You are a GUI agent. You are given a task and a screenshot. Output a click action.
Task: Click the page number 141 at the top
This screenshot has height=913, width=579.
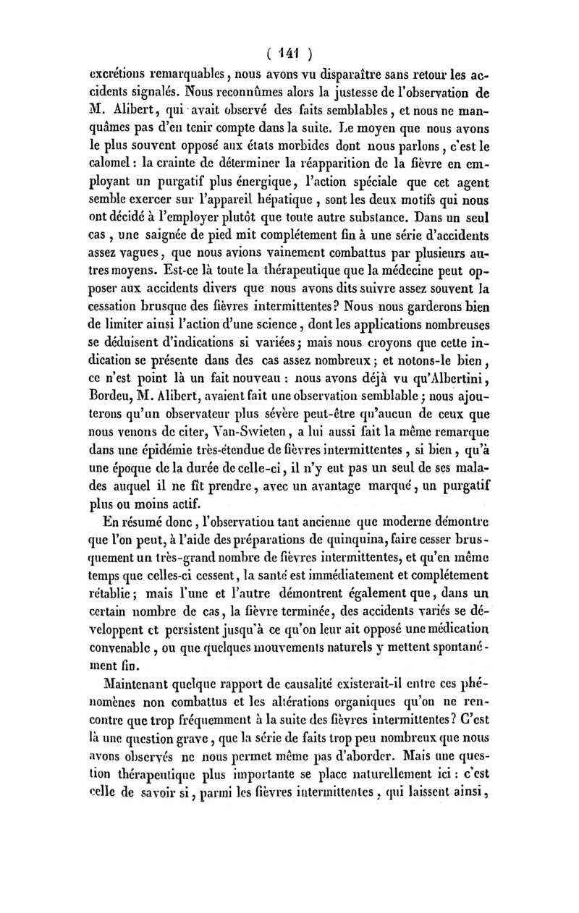(x=289, y=52)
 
